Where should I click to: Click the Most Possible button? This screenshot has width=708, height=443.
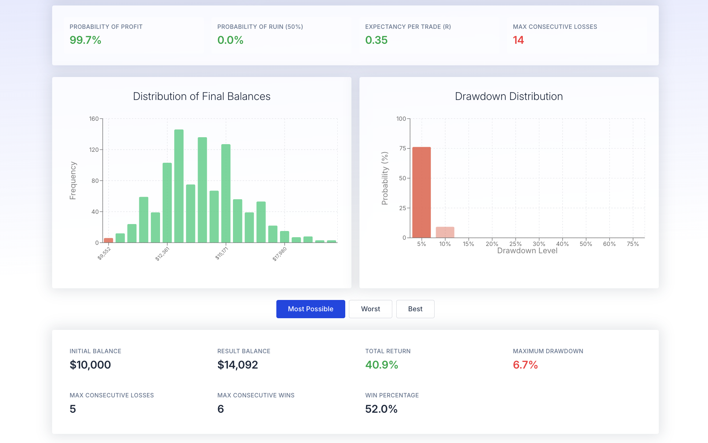311,309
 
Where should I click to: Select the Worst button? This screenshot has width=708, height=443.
370,309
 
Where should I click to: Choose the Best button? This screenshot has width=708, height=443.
415,309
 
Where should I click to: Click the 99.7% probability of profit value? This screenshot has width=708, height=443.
85,40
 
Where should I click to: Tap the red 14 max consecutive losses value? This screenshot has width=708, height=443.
518,40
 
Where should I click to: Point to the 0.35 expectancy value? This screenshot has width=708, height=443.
376,40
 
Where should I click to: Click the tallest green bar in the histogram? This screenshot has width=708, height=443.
179,186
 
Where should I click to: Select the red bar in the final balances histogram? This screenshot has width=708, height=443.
109,240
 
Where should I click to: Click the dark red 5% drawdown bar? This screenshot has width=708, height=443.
421,192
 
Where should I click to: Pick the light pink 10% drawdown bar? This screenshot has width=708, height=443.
445,232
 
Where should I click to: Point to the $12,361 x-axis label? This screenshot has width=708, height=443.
162,254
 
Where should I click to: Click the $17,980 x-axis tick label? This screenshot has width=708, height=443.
280,254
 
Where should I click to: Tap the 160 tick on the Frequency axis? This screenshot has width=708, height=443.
94,119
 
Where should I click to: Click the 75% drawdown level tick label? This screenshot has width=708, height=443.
633,244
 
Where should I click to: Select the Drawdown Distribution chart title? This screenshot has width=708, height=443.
509,96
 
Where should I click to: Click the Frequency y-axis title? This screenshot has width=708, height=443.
73,181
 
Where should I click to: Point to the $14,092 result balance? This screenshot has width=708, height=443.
238,365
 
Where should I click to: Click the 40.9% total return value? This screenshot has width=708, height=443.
382,365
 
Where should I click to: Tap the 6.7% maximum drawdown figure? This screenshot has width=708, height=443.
525,365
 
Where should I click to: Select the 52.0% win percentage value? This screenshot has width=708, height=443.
381,409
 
